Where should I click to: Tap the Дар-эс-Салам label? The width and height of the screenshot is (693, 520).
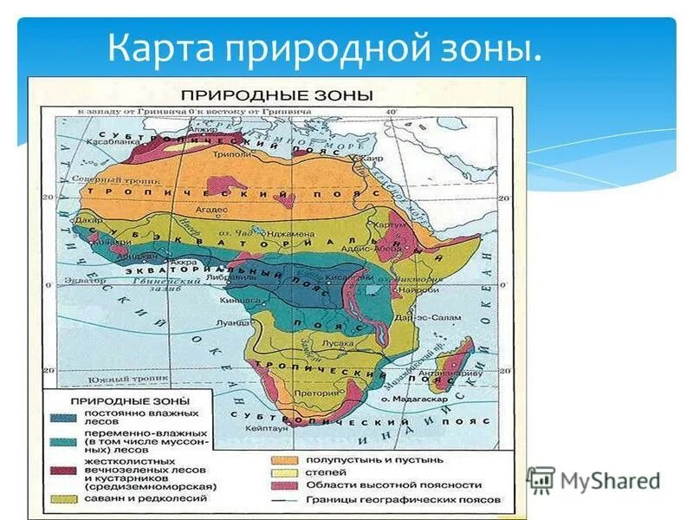[x=414, y=318]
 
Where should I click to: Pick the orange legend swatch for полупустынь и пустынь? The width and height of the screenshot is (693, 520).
[x=280, y=459]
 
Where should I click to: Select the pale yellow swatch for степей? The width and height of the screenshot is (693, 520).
[x=280, y=473]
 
